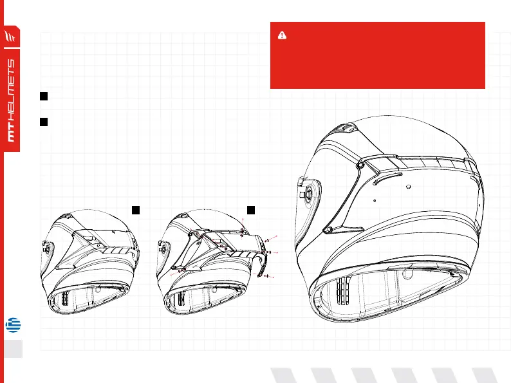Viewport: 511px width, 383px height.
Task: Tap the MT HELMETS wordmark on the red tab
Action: pyautogui.click(x=11, y=102)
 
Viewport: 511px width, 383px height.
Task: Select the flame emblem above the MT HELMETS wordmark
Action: pyautogui.click(x=10, y=36)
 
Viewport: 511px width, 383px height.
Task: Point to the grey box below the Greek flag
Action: pyautogui.click(x=11, y=348)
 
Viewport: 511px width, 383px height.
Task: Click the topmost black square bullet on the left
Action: pyautogui.click(x=44, y=96)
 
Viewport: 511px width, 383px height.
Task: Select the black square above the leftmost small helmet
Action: pyautogui.click(x=136, y=209)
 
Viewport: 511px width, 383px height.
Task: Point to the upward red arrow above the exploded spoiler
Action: pyautogui.click(x=243, y=222)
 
